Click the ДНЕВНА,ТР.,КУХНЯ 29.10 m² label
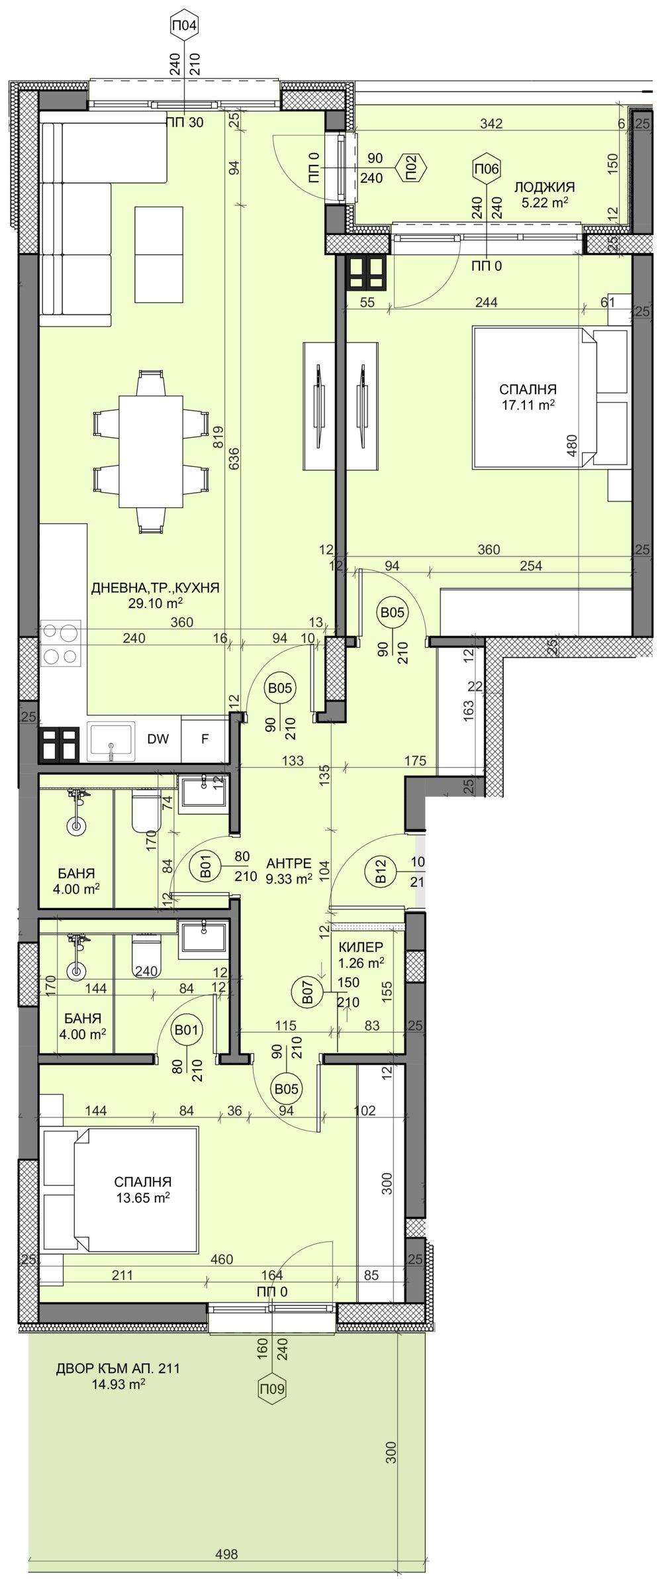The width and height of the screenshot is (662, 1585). pos(155,595)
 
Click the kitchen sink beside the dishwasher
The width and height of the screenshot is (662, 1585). pos(111,741)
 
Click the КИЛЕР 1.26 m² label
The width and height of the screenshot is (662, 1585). pos(361,955)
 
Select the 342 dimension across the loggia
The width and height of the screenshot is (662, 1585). pos(492,123)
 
